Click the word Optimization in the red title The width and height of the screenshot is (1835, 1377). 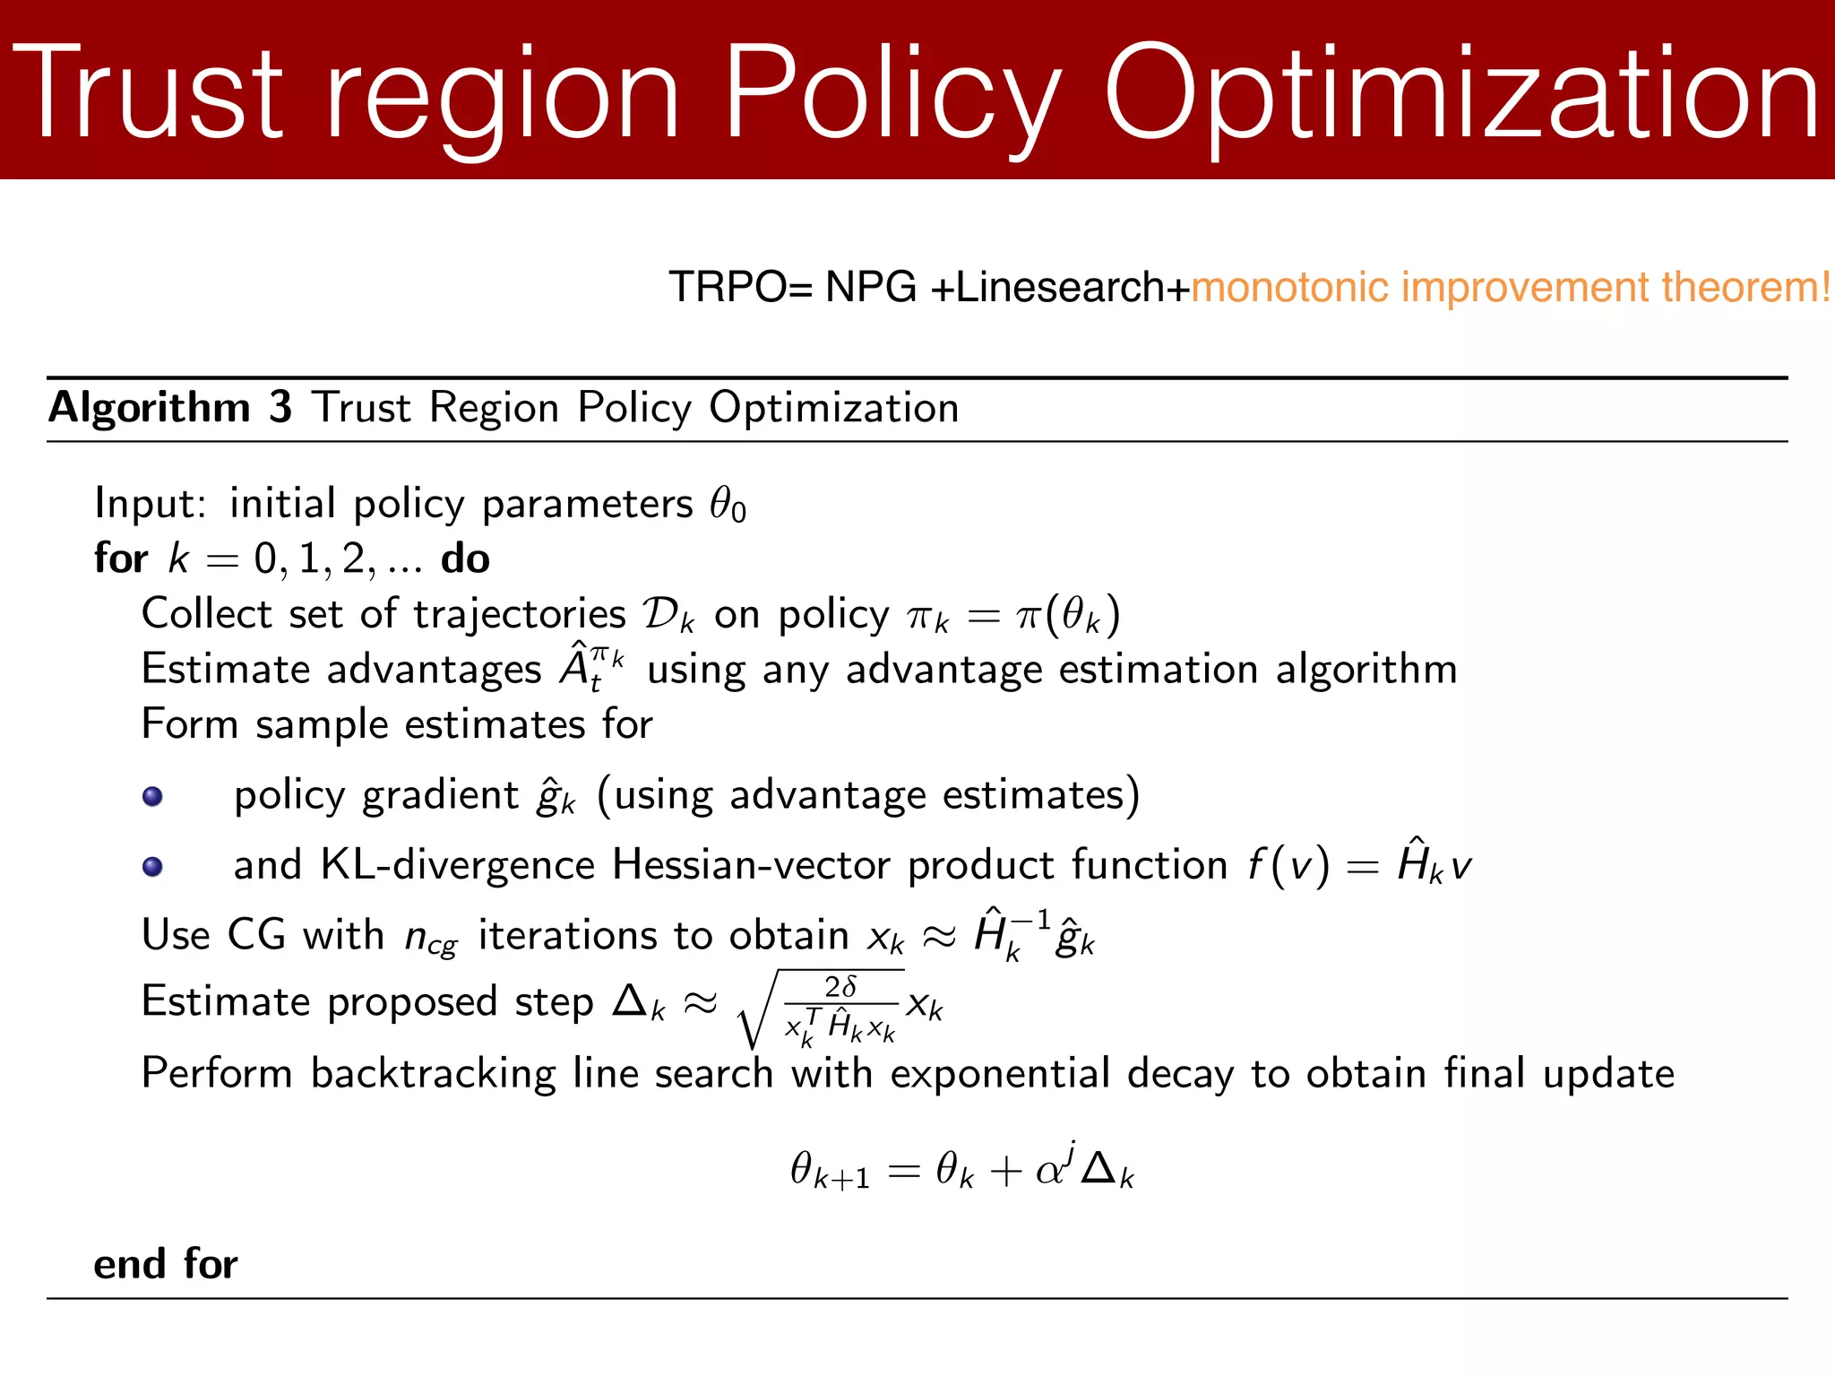coord(1460,94)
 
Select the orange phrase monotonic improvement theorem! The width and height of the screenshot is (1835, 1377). coord(1511,288)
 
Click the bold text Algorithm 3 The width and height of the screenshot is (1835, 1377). coord(170,408)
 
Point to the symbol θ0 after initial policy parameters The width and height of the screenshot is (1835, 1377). coord(727,505)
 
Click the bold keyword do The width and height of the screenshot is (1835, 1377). coord(465,559)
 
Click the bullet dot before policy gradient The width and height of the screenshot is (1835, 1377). coord(153,796)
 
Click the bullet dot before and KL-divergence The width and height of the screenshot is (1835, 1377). coord(153,866)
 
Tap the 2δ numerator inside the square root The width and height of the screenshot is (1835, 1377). coord(840,987)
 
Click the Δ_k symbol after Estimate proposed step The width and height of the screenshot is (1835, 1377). coord(638,1002)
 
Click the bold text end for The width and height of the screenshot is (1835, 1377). coord(166,1265)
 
